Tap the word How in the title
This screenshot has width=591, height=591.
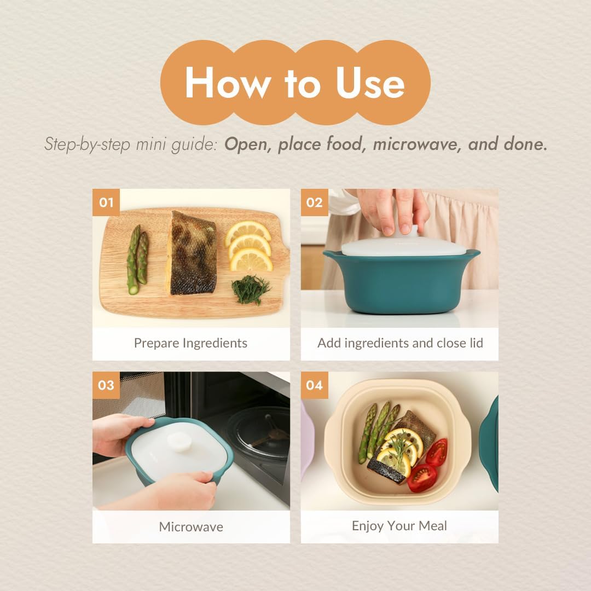coord(227,83)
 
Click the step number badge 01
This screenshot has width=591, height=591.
coord(106,202)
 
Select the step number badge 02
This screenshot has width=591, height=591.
coord(315,202)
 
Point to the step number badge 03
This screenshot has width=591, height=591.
coord(106,385)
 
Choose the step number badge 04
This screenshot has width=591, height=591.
coord(315,385)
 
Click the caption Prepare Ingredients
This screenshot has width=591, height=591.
coord(190,343)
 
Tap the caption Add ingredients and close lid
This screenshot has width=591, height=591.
coord(400,343)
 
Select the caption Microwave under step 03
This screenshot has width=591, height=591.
coord(190,526)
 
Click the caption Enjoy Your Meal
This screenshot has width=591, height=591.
coord(399,526)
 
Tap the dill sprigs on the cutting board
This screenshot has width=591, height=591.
coord(250,288)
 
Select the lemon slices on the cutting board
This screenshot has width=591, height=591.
coord(250,245)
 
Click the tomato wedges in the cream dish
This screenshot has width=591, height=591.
coord(430,465)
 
